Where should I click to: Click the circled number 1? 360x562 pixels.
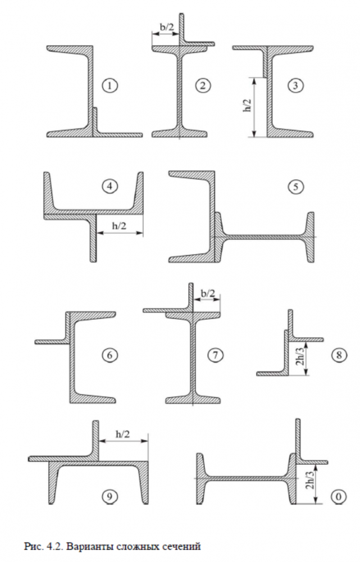(110, 85)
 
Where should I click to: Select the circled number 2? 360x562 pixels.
(203, 85)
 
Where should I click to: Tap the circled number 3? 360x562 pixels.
(295, 85)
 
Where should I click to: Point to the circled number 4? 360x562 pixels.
(110, 187)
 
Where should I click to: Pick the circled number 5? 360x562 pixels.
(295, 187)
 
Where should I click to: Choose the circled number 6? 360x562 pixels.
(110, 355)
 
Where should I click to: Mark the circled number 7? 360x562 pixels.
(215, 355)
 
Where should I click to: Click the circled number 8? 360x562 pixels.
(339, 355)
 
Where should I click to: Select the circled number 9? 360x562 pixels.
(110, 496)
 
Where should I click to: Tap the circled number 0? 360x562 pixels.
(339, 497)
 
